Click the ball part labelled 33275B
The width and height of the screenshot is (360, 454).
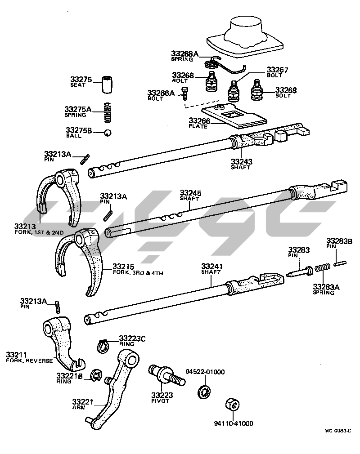pyautogui.click(x=108, y=132)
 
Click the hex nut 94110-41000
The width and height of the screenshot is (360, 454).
pyautogui.click(x=233, y=404)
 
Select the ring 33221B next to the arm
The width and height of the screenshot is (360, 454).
pyautogui.click(x=95, y=375)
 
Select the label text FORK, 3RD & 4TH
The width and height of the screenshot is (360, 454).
pyautogui.click(x=130, y=272)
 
